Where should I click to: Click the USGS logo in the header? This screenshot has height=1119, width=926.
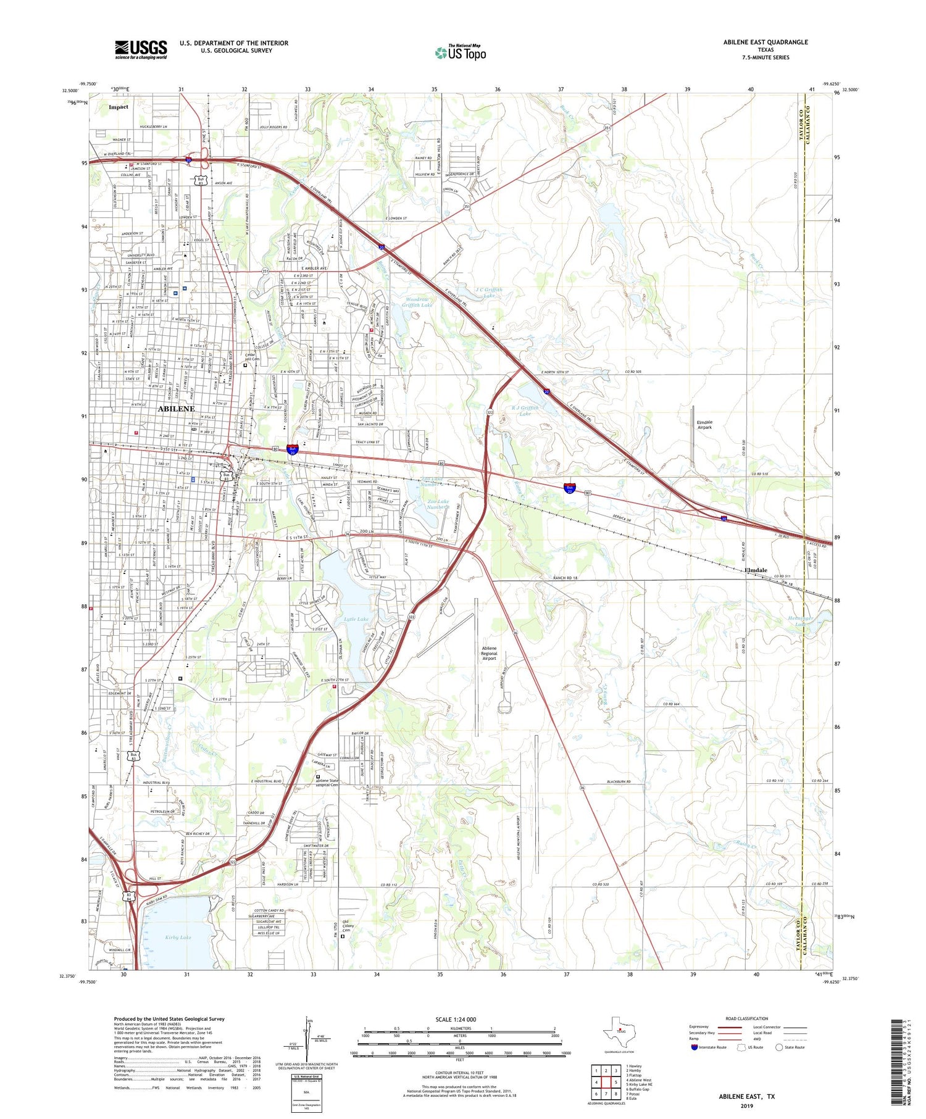click(141, 49)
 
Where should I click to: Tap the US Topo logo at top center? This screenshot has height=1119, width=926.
click(461, 52)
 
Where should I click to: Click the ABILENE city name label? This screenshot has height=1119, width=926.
click(177, 409)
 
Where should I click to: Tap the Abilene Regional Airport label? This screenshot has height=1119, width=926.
click(489, 653)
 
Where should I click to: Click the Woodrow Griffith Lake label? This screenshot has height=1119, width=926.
click(418, 302)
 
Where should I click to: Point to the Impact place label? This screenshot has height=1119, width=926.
click(119, 107)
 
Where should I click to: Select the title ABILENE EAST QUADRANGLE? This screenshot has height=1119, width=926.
click(765, 42)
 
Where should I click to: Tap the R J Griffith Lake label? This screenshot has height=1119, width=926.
click(525, 410)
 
